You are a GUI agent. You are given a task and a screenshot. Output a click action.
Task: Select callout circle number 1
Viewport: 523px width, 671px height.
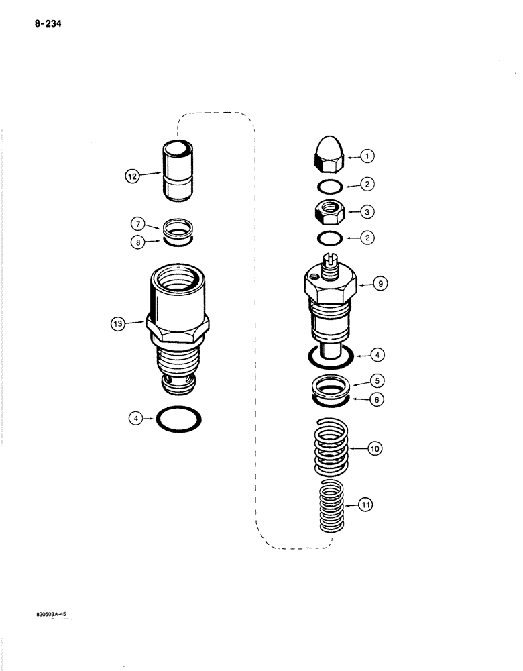[367, 156]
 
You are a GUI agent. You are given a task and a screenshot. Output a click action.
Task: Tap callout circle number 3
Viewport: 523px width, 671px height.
[367, 211]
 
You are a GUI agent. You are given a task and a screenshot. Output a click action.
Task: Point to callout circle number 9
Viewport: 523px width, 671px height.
[380, 284]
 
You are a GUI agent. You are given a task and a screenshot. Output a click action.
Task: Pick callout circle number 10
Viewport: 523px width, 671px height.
[374, 447]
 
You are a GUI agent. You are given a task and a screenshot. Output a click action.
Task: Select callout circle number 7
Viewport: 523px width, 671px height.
[138, 223]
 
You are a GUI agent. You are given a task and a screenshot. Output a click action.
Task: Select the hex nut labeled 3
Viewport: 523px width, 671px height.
[329, 212]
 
